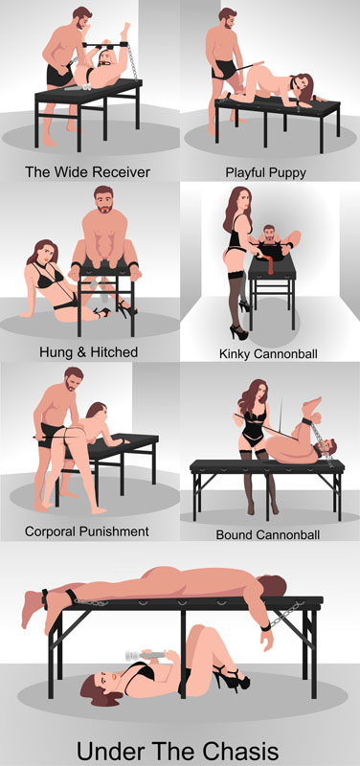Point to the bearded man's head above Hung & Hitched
[105, 204]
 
